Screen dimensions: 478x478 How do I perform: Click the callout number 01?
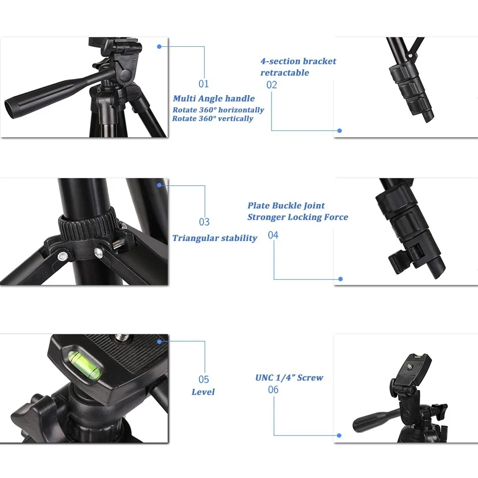coord(204,84)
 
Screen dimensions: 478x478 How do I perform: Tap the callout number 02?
coord(272,85)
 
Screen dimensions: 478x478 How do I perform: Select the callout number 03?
coord(205,222)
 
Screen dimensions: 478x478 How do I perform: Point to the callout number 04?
coord(273,235)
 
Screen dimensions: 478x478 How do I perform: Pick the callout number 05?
coord(204,380)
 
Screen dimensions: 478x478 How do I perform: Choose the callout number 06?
coord(273,390)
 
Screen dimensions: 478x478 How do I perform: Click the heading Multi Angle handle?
coord(214,98)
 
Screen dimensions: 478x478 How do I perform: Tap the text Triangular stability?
coord(215,238)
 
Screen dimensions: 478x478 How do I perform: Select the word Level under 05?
coord(203,392)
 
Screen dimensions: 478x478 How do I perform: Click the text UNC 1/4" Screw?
coord(289,378)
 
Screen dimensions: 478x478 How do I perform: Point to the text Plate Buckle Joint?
coord(286,206)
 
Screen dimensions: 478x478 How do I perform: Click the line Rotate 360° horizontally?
coord(218,110)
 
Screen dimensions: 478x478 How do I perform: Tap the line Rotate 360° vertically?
coord(213,119)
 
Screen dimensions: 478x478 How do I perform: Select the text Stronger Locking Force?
coord(297,217)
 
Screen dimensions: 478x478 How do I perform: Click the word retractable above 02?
coord(284,73)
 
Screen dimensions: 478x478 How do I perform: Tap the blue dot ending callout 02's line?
coord(339,130)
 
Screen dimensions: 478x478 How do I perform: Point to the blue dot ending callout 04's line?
coord(340,279)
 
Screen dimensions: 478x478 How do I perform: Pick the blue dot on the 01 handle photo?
coord(159,46)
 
